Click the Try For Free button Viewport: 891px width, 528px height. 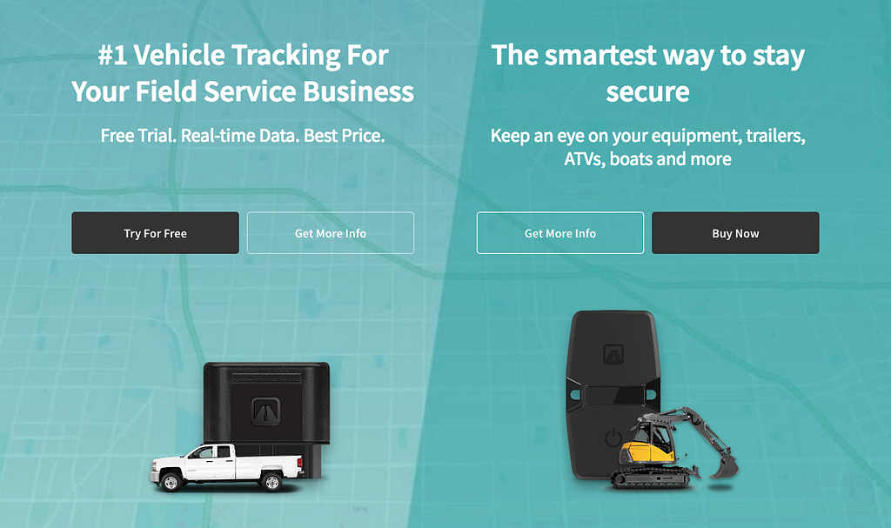[155, 233]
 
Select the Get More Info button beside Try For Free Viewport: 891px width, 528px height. [330, 233]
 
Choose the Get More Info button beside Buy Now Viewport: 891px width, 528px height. [560, 233]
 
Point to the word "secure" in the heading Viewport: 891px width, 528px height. [647, 91]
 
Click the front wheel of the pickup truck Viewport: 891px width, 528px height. [171, 481]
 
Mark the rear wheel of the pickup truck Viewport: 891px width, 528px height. [271, 481]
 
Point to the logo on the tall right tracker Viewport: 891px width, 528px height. [614, 354]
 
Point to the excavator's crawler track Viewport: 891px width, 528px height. [653, 476]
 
